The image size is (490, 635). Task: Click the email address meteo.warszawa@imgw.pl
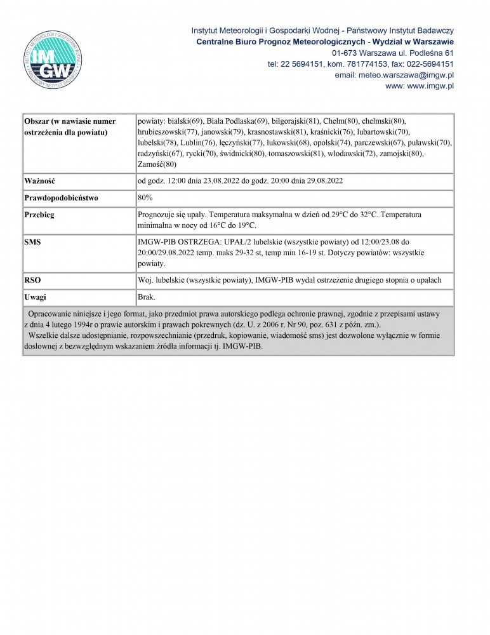[394, 75]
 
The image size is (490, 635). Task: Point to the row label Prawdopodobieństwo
[61, 197]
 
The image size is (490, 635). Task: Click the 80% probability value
[145, 197]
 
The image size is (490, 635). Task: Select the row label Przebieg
[39, 215]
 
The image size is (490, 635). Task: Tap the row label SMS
[33, 242]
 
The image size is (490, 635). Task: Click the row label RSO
[32, 280]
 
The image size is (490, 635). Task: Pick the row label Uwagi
[35, 297]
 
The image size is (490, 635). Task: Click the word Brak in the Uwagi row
[147, 297]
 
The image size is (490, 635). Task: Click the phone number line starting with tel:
[360, 64]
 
